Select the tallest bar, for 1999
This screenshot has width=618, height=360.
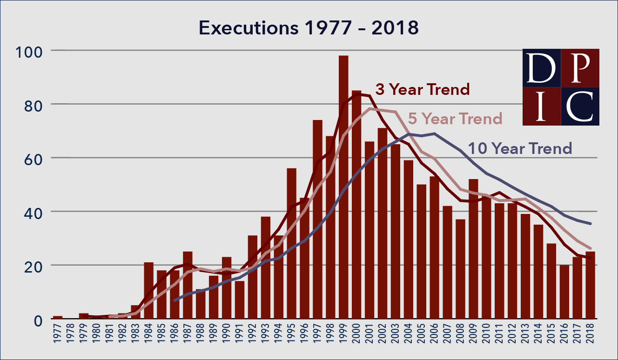[343, 186]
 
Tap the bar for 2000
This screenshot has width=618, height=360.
[356, 205]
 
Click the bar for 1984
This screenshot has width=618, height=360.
[149, 291]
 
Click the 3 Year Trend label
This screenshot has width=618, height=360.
[422, 89]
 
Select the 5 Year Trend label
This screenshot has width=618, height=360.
[455, 119]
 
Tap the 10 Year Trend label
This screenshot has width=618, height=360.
[519, 148]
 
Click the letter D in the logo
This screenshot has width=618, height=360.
[541, 68]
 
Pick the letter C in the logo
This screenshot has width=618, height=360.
[580, 106]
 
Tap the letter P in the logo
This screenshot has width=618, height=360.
[580, 68]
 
